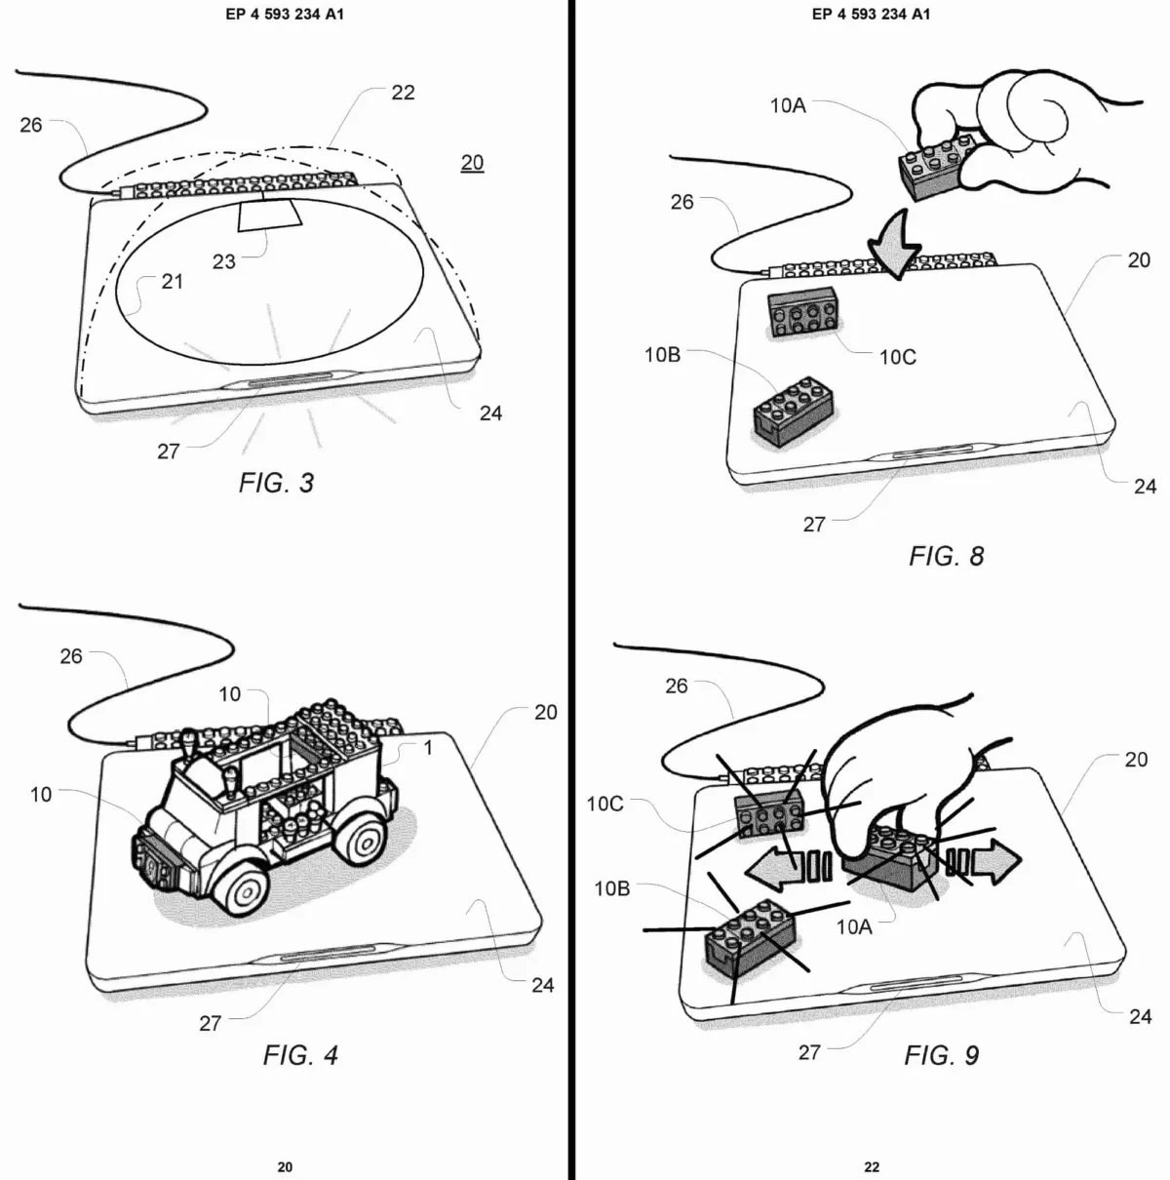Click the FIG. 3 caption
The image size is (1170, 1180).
276,483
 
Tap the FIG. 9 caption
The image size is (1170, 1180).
941,1054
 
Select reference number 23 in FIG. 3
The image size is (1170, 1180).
224,261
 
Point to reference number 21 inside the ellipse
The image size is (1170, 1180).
172,282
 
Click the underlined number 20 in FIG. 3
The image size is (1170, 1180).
472,163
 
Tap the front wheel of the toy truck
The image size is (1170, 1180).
240,885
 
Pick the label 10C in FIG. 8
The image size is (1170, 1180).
897,357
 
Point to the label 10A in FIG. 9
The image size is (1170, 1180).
854,926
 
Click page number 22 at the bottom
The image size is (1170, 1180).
872,1166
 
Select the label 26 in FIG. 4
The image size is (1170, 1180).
71,656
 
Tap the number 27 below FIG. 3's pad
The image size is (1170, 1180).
169,452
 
